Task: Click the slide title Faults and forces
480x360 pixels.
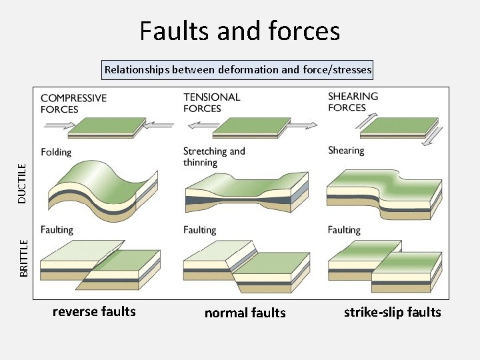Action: coord(240,31)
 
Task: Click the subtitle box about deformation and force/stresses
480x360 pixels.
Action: coord(238,69)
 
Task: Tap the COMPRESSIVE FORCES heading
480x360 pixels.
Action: coord(73,103)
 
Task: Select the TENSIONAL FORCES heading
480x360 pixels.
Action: coord(212,103)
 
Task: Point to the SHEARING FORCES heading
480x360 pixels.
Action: coord(353,101)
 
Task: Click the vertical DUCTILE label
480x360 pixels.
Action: coord(22,183)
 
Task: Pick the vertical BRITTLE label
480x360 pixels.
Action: coord(23,258)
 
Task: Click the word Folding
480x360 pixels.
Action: coord(56,152)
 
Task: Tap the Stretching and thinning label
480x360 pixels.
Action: coord(214,157)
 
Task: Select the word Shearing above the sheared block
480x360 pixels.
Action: coord(346,151)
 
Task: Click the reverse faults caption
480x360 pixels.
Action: coord(94,311)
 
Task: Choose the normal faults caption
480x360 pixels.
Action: coord(245,313)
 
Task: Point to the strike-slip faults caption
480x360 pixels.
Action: coord(392,312)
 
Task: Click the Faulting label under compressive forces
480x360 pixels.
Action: coord(57,230)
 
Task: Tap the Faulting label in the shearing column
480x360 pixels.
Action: coord(344,230)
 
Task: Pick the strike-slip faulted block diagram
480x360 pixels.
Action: coord(383,267)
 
